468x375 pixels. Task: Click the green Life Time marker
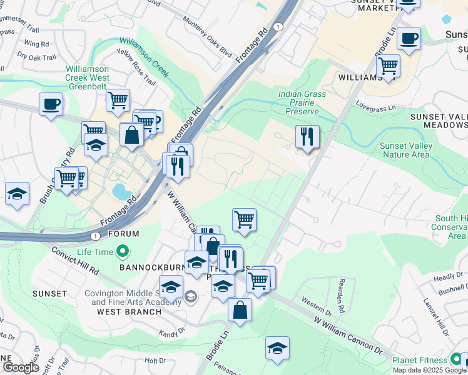coord(123,252)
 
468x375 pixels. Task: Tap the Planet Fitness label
coord(420,360)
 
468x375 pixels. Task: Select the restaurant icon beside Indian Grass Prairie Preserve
coord(307,137)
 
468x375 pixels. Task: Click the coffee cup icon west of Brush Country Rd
coord(51,104)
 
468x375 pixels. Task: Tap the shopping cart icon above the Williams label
coord(388,65)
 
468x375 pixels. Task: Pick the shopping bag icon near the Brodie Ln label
coord(240,309)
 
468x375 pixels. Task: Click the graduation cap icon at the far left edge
coord(17,194)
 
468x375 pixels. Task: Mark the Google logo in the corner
coord(21,367)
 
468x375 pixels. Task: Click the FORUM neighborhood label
coord(123,234)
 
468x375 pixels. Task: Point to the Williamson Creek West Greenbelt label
coord(88,78)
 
